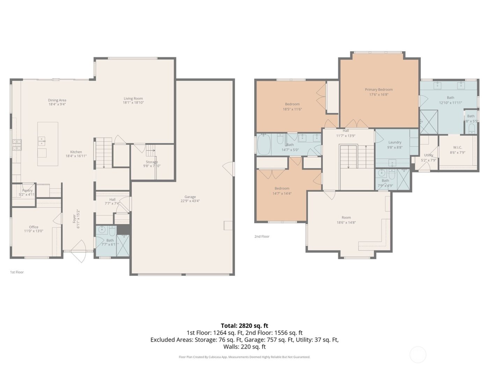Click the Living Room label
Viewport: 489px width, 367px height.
pyautogui.click(x=133, y=99)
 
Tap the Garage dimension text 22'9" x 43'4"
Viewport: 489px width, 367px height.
pyautogui.click(x=190, y=201)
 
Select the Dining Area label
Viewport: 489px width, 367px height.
pyautogui.click(x=57, y=100)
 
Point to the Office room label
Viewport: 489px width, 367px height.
pyautogui.click(x=34, y=227)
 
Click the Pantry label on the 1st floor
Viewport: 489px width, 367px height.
pyautogui.click(x=27, y=190)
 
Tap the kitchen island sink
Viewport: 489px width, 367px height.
pyautogui.click(x=42, y=141)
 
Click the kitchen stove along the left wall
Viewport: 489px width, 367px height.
pyautogui.click(x=17, y=145)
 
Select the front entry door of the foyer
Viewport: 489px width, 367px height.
pyautogui.click(x=79, y=251)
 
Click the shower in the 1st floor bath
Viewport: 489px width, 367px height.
pyautogui.click(x=123, y=245)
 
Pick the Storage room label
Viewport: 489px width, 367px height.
pyautogui.click(x=152, y=162)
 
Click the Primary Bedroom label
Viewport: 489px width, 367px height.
pyautogui.click(x=379, y=89)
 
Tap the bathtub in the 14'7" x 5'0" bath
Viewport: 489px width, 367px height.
pyautogui.click(x=264, y=145)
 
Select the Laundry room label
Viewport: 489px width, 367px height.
pyautogui.click(x=395, y=142)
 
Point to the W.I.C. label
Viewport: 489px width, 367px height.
pyautogui.click(x=457, y=147)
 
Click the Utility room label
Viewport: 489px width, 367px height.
pyautogui.click(x=429, y=155)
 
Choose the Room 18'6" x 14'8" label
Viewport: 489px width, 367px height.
pyautogui.click(x=346, y=217)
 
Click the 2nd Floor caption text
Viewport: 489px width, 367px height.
pyautogui.click(x=262, y=237)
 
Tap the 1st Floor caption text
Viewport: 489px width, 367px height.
pyautogui.click(x=17, y=272)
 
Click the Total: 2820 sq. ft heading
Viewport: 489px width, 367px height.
pyautogui.click(x=244, y=326)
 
